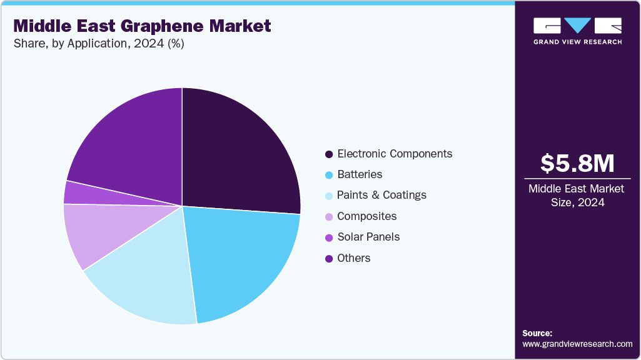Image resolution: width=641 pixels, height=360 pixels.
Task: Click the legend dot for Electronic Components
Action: click(328, 154)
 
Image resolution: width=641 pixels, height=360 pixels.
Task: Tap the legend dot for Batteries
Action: click(328, 175)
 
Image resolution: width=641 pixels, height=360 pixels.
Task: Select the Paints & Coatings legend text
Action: click(381, 195)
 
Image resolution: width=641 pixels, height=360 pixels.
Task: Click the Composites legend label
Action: click(366, 216)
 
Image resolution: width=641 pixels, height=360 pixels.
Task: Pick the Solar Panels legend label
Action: click(368, 237)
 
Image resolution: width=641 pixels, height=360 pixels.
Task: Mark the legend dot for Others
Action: click(328, 258)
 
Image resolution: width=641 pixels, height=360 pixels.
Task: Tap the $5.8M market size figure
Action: click(577, 163)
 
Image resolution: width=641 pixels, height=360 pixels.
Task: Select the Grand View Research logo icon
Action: click(577, 26)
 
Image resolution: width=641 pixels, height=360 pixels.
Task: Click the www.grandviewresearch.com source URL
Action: click(577, 344)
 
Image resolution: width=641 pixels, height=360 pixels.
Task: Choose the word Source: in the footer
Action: click(537, 333)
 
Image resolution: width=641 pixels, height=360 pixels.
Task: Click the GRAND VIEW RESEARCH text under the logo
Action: click(577, 42)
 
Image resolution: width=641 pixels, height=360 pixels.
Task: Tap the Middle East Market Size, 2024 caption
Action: click(577, 195)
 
